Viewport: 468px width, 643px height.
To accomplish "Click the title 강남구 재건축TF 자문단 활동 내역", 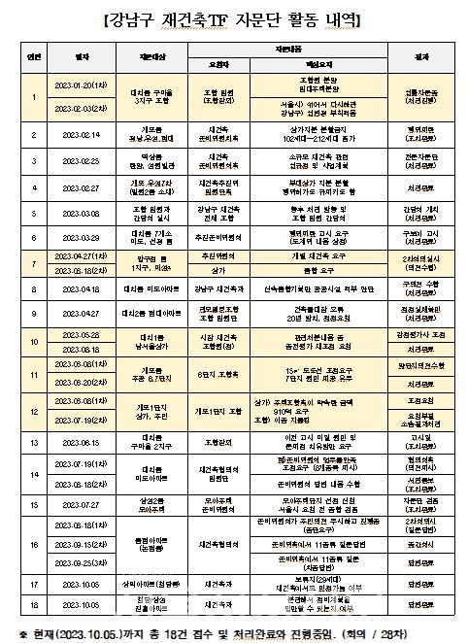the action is (233, 18).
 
